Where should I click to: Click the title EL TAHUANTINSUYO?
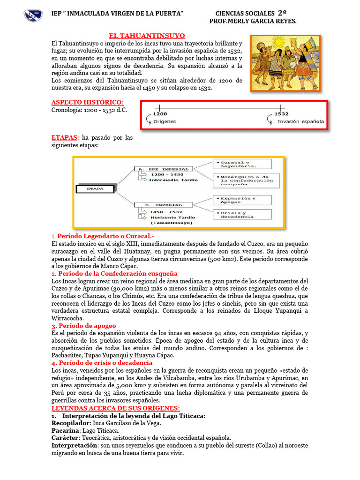tap(147, 36)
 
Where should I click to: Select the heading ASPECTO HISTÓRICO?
tap(87, 102)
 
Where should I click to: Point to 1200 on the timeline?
tap(160, 113)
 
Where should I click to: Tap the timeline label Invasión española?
tap(300, 121)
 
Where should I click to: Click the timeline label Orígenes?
tap(165, 121)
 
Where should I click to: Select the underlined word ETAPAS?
tap(65, 138)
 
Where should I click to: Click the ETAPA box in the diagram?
tap(95, 189)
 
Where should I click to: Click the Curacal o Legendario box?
tap(242, 164)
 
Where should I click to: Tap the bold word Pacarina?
tap(66, 430)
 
